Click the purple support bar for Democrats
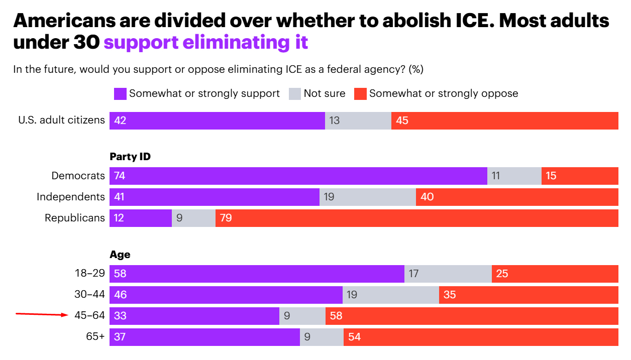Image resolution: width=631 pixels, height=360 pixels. click(298, 176)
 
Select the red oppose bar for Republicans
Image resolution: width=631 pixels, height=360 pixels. click(417, 218)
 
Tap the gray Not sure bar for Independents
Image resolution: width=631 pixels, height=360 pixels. click(368, 197)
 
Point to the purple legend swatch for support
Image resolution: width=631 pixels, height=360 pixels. click(120, 93)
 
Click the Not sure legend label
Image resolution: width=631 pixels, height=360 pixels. click(325, 93)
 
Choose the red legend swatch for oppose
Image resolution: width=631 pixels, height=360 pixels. click(360, 93)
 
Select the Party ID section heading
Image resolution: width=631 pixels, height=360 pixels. click(130, 157)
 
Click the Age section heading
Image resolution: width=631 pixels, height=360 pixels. click(120, 254)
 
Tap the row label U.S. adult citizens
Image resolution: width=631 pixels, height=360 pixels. click(61, 121)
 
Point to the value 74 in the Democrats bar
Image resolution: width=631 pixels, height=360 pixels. click(120, 176)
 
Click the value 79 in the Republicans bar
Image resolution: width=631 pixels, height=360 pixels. click(226, 218)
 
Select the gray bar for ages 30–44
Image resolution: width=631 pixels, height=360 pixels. click(391, 295)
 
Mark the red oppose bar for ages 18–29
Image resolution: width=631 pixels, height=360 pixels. click(555, 274)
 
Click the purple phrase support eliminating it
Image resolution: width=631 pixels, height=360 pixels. click(206, 42)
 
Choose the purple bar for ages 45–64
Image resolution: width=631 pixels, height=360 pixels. click(194, 316)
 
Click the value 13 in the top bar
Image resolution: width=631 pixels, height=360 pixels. click(335, 121)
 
